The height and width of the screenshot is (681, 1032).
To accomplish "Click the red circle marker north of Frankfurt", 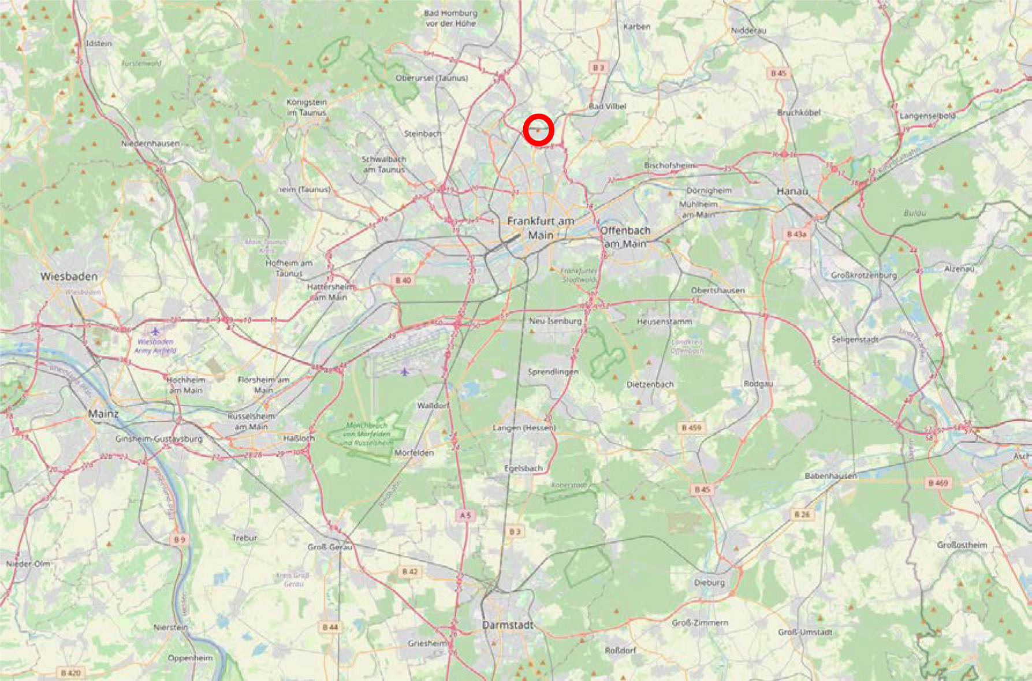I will [538, 130].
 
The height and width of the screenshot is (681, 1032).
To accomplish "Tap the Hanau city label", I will [792, 191].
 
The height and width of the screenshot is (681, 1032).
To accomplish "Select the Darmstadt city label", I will [508, 625].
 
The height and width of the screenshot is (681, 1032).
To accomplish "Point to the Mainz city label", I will [103, 414].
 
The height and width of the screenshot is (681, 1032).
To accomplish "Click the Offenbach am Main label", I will [625, 237].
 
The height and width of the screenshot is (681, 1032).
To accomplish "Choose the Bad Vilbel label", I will [608, 106].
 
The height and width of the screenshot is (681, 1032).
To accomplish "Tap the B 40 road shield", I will [403, 280].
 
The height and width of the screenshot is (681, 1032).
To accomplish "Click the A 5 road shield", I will [465, 515].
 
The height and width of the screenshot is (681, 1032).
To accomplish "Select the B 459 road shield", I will [691, 428].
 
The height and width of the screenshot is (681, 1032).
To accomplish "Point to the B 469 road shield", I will [938, 483].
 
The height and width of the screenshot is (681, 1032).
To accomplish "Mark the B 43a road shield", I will [796, 234].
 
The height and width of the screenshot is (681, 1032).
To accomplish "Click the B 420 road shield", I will [71, 673].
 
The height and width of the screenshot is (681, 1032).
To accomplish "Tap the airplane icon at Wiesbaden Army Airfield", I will [155, 332].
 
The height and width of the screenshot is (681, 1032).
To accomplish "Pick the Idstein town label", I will [99, 43].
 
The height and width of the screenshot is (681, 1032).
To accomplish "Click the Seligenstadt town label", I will [855, 340].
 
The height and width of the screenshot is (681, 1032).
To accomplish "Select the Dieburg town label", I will [709, 583].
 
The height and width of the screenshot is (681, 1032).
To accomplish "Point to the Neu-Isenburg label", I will [555, 321].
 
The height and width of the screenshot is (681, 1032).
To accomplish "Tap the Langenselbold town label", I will [927, 116].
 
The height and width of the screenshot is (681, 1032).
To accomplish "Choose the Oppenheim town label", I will [190, 658].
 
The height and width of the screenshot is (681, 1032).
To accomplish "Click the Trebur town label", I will [244, 538].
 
